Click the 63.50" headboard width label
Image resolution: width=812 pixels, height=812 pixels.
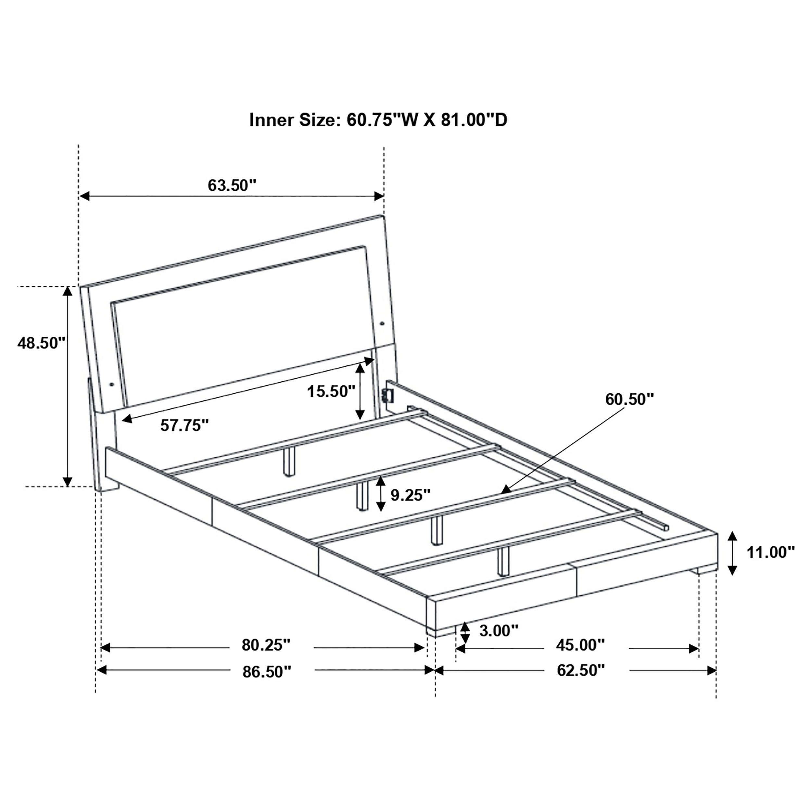coord(232,185)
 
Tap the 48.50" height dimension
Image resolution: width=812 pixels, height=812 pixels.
coord(41,343)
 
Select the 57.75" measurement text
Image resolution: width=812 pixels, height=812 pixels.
coord(184,426)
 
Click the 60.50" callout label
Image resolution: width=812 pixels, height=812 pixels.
coord(629,399)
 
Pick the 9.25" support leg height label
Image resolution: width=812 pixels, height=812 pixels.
coord(411,495)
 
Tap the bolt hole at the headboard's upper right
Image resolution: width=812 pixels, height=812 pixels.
coord(383,323)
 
